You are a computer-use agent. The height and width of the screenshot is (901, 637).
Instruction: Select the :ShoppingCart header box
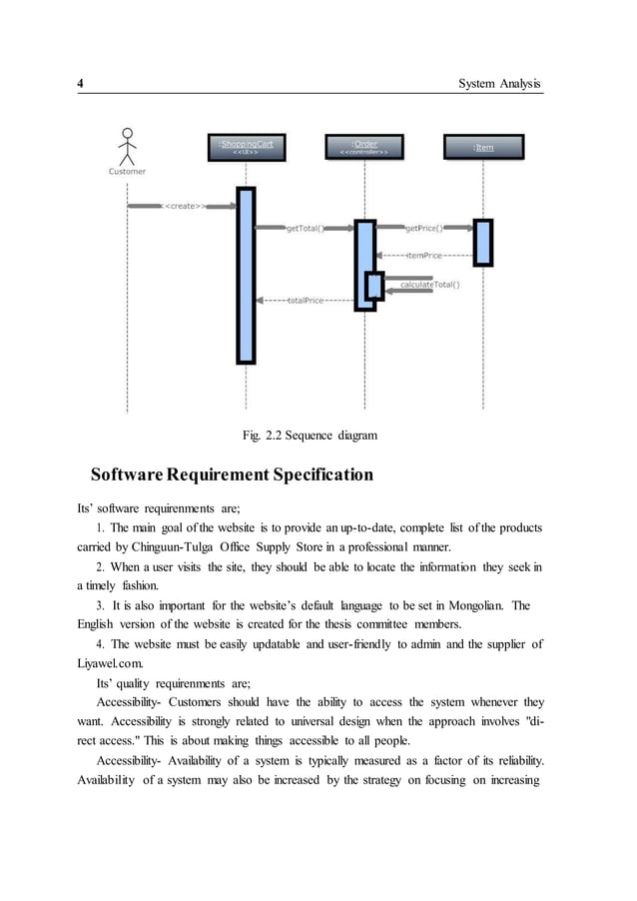[x=246, y=147]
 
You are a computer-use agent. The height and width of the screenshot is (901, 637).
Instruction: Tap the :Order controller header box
[x=364, y=147]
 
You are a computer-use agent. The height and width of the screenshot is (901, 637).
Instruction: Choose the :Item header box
[x=483, y=147]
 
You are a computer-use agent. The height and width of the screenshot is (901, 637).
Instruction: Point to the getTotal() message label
[x=305, y=229]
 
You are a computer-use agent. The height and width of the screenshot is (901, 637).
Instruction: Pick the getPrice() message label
[x=424, y=229]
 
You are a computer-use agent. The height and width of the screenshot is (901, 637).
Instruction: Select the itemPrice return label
[x=424, y=256]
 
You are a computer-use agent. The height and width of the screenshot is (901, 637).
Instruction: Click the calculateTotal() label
[x=430, y=285]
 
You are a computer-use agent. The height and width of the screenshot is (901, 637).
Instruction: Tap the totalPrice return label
[x=306, y=300]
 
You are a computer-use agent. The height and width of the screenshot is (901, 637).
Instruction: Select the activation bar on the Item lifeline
[x=483, y=243]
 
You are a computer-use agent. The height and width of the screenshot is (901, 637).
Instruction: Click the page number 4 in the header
[x=81, y=83]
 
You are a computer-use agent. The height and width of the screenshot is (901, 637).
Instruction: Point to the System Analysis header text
[x=499, y=83]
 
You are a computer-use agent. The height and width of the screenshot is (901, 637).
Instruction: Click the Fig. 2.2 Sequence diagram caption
[x=311, y=435]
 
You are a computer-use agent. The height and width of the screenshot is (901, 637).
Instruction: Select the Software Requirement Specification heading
[x=232, y=473]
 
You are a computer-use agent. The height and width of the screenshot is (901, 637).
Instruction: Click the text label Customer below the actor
[x=127, y=171]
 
